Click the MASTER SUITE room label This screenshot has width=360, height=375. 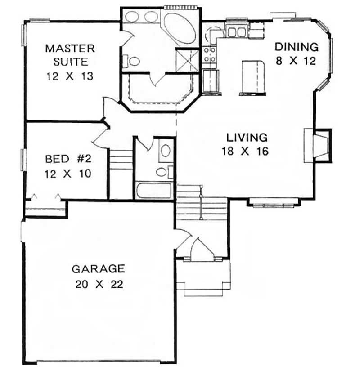click(x=69, y=54)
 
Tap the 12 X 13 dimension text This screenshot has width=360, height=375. click(x=69, y=76)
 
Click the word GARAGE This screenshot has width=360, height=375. click(x=98, y=269)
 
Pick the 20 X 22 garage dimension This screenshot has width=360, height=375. click(x=98, y=284)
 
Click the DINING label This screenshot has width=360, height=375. click(x=297, y=47)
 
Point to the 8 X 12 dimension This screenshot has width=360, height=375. click(x=297, y=61)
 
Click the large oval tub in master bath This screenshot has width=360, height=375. click(x=179, y=27)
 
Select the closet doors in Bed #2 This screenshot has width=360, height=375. click(x=45, y=198)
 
